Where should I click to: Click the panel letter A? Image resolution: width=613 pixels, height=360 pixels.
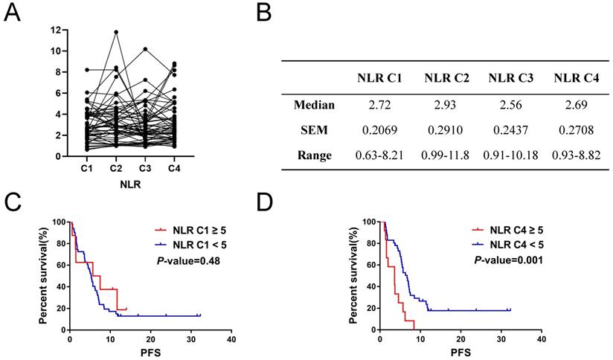click(12, 12)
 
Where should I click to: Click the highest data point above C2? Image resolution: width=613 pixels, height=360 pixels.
click(115, 32)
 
